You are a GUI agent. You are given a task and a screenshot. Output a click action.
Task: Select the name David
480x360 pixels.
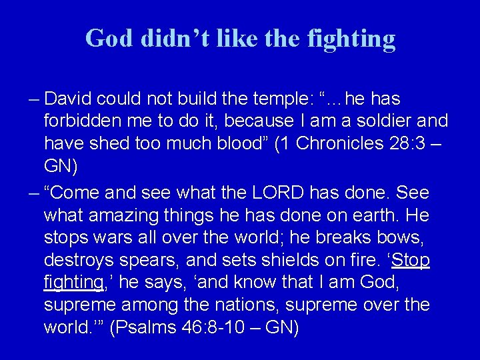pos(69,99)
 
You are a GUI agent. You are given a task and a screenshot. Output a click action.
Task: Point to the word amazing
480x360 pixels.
pos(136,216)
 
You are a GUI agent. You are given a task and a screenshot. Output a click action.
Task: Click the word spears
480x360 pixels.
pos(159,260)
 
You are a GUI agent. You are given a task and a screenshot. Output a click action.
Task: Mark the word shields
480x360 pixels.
pos(299,260)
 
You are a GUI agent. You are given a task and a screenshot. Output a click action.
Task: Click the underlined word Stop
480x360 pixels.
pos(410,260)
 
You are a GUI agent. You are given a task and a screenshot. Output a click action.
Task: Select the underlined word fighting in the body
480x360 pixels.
pos(73,283)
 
